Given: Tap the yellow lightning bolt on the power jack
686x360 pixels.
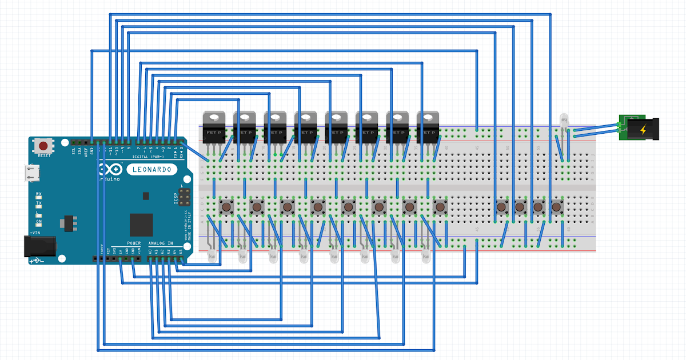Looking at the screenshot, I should point(644,130).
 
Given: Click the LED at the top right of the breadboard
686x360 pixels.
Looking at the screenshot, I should point(564,122).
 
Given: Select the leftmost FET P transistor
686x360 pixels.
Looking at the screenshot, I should point(214,127).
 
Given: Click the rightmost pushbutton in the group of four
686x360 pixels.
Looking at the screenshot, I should point(556,206).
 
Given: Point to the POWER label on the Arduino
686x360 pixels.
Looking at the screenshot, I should point(126,244).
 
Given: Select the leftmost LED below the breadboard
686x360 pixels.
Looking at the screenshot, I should point(214,257).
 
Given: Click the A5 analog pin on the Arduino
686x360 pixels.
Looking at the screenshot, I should point(181,258).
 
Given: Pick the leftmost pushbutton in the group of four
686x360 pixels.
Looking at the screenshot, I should point(502,206).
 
